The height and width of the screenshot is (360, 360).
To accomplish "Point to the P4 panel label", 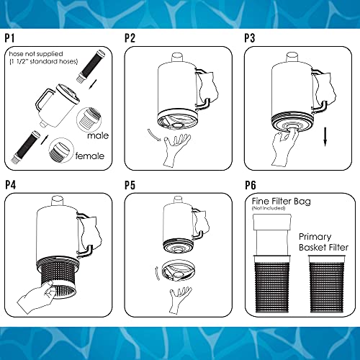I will (x=12, y=184).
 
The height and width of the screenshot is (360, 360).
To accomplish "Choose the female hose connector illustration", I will (x=61, y=150).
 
